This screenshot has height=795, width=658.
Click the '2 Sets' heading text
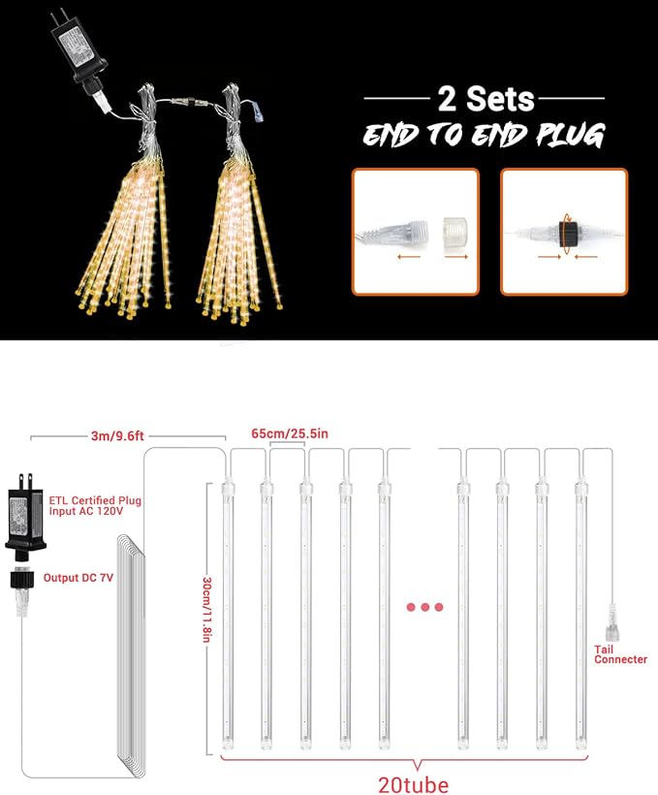click(486, 98)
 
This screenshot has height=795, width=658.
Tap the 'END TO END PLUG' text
click(485, 135)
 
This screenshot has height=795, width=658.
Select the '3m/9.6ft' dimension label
click(117, 435)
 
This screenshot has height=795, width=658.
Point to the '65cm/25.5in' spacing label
click(290, 433)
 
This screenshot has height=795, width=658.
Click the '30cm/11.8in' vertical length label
click(206, 610)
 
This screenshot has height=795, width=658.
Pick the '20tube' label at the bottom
click(414, 785)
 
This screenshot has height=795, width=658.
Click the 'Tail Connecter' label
click(620, 654)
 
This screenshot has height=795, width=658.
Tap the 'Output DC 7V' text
click(78, 578)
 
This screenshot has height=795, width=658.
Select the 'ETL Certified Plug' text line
click(95, 500)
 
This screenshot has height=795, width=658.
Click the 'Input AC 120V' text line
click(85, 511)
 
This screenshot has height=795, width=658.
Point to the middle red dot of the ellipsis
click(424, 607)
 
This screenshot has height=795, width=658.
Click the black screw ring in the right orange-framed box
click(567, 235)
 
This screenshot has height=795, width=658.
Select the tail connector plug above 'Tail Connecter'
click(611, 622)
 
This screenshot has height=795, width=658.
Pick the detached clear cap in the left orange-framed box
click(454, 233)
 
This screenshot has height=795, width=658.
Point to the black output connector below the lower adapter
click(21, 580)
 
